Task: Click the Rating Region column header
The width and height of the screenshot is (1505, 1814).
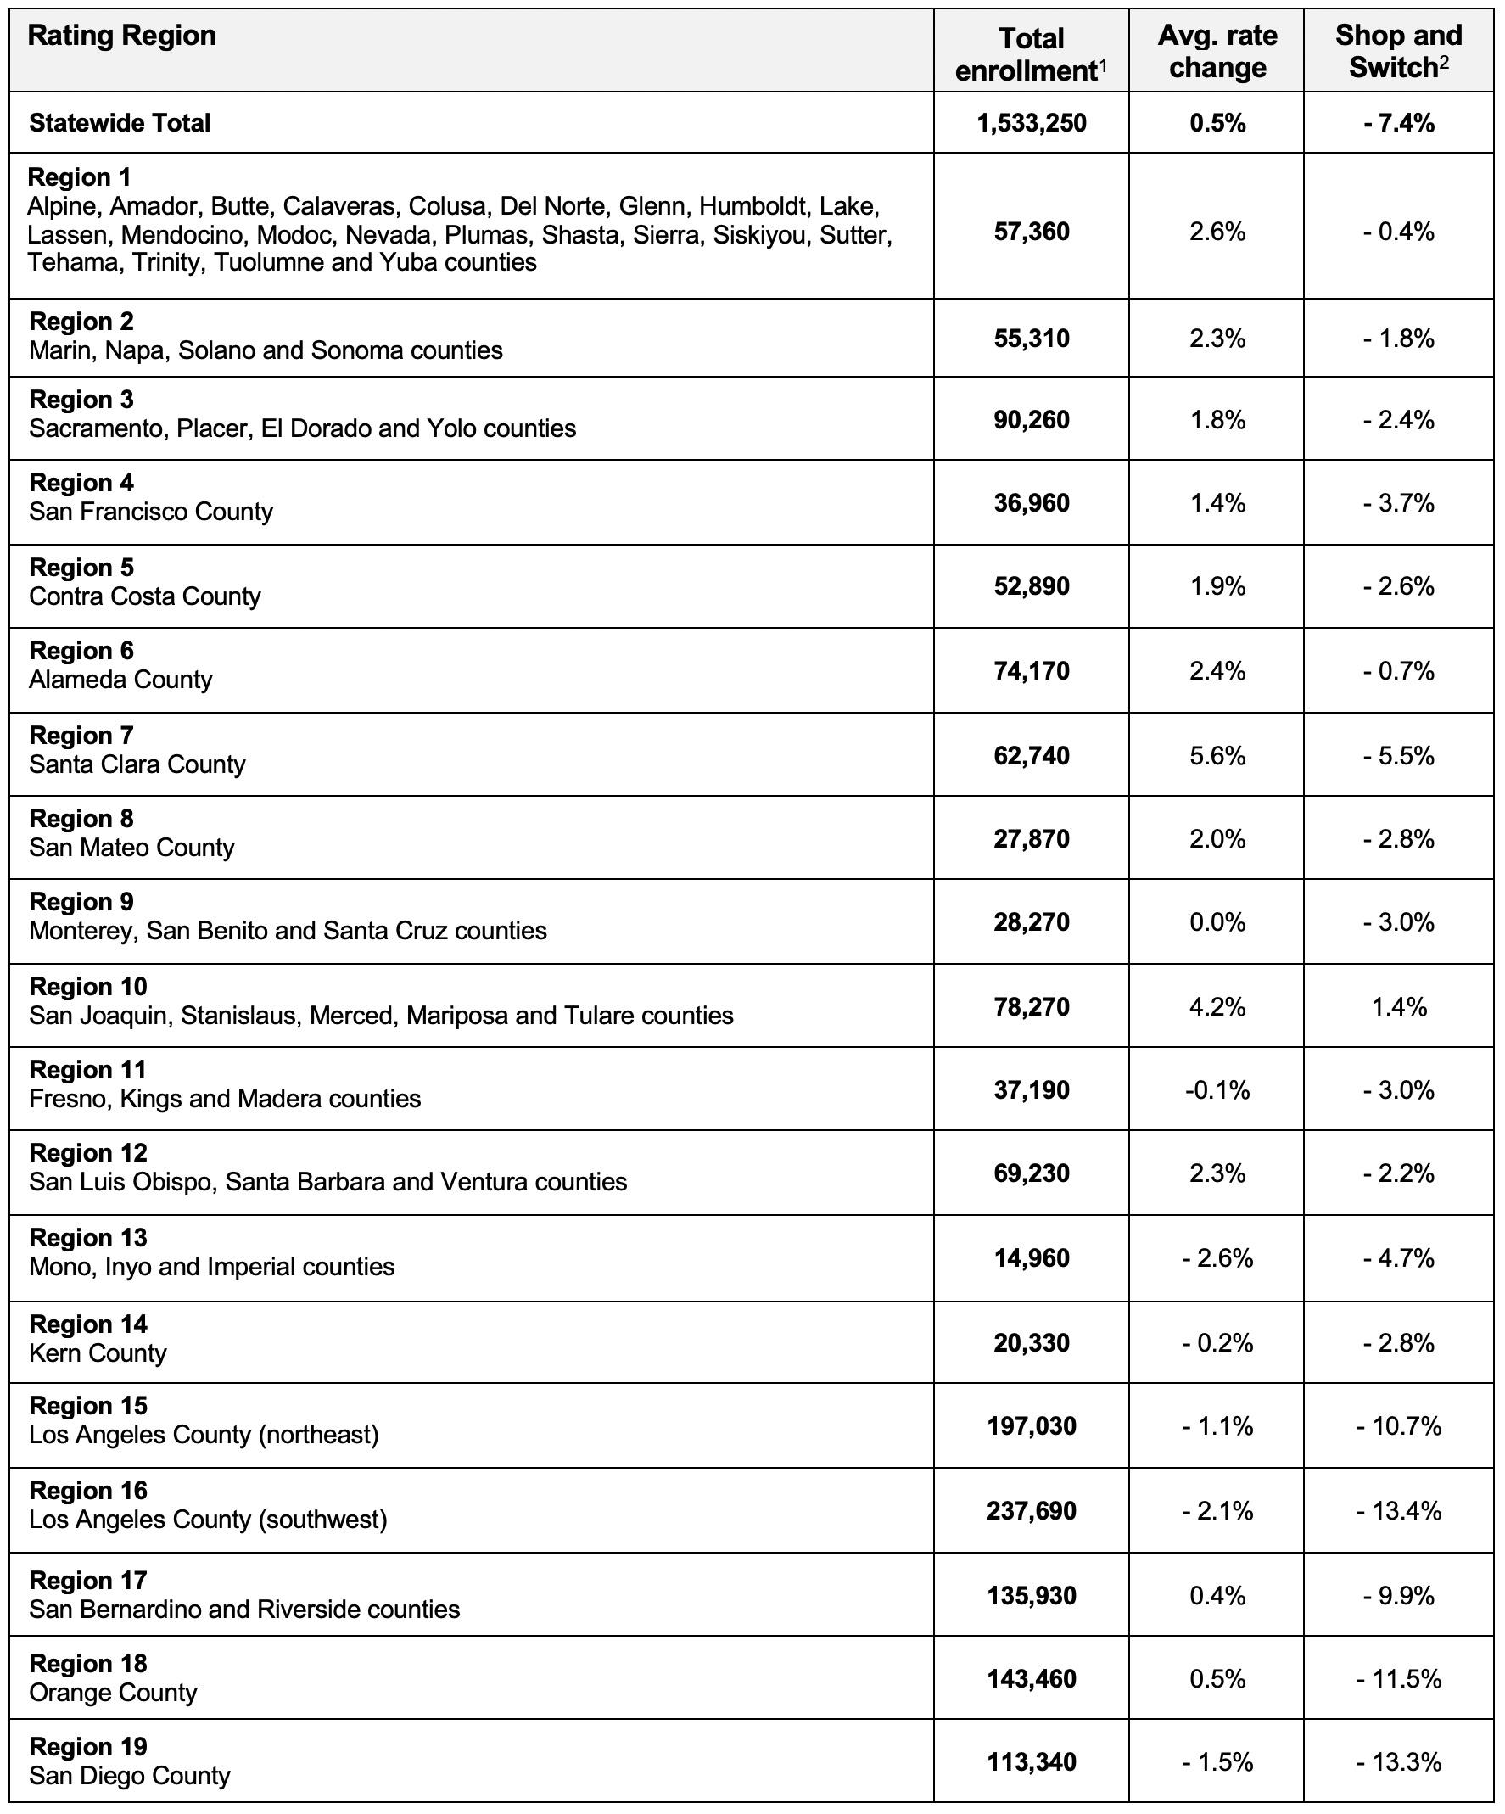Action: coord(122,36)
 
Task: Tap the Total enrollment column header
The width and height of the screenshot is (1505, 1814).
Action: coord(1031,54)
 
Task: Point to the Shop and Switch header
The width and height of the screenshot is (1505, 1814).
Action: coord(1398,51)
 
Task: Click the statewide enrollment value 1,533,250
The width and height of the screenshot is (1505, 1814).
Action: coord(1032,123)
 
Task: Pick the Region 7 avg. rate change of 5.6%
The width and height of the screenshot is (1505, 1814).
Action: coord(1217,756)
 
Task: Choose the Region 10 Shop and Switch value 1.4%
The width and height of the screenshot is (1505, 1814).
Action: coord(1399,1006)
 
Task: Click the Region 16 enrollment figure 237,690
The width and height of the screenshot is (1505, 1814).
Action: coord(1032,1510)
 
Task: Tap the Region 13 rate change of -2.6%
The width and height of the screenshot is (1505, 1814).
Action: coord(1217,1257)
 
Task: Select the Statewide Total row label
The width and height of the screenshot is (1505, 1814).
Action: coord(120,123)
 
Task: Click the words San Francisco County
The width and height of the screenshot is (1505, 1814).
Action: coord(151,512)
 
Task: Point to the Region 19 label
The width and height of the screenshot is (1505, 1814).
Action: coord(88,1746)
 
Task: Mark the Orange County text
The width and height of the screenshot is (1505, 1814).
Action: coord(113,1692)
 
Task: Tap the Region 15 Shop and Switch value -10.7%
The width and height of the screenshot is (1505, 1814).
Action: coord(1399,1425)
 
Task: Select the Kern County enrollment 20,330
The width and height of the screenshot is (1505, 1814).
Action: coord(1032,1342)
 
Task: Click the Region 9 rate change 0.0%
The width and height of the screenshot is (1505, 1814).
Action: coord(1217,922)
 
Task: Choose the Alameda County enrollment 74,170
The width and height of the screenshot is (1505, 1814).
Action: coord(1032,671)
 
